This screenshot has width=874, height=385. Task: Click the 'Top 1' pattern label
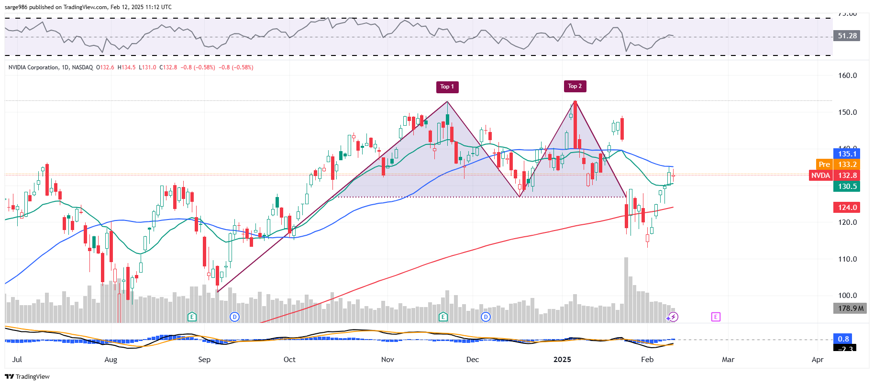tap(447, 87)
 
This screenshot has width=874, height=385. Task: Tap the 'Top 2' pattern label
tap(575, 86)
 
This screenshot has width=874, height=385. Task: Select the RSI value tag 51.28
tap(847, 36)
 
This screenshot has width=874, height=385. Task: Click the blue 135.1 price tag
tap(847, 154)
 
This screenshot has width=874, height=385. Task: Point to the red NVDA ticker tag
tap(820, 176)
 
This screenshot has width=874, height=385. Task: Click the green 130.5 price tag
tap(847, 187)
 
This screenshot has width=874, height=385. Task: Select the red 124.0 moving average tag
tap(847, 208)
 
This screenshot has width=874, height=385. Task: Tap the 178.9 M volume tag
tap(851, 308)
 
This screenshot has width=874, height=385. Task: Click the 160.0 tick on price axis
tap(847, 76)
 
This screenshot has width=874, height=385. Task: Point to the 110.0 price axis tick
tap(847, 259)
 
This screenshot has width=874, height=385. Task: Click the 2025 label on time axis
tap(562, 360)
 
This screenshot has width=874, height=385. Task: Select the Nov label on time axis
tap(387, 360)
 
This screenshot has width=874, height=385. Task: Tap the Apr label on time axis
tap(818, 360)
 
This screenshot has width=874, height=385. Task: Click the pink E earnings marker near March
tap(716, 317)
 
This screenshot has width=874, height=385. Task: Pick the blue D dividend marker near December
tap(486, 317)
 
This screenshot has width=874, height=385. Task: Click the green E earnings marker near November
tap(443, 317)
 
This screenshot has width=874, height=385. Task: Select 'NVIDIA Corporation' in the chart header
tap(33, 67)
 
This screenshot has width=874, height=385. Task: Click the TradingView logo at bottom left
tap(27, 377)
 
